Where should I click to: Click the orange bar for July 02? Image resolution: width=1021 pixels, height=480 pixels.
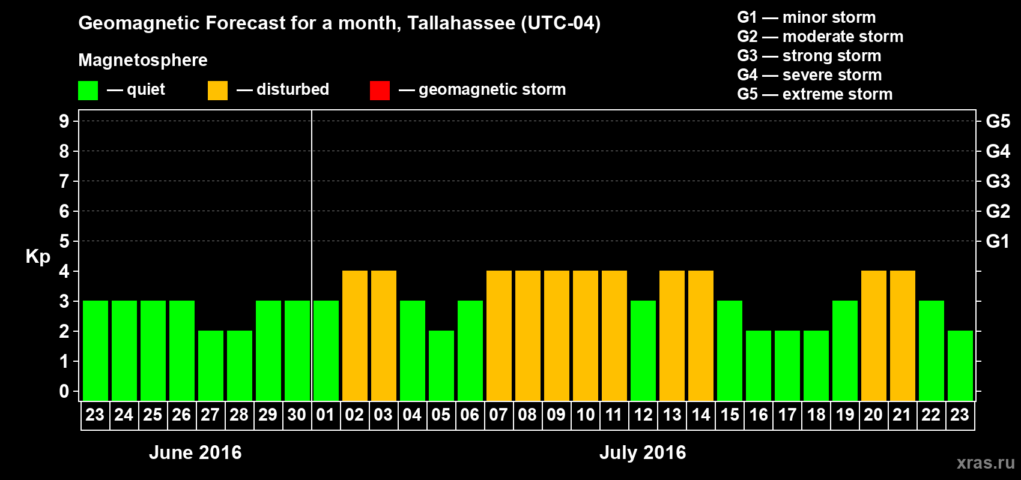[x=355, y=335]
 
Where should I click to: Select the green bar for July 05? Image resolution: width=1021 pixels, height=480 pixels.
[x=441, y=365]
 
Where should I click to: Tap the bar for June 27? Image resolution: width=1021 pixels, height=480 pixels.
[x=211, y=365]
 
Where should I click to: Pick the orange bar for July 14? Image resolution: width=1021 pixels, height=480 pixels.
[x=701, y=335]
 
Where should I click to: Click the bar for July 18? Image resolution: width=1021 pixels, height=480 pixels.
[x=816, y=365]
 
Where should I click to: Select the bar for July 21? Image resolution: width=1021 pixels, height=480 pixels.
[x=903, y=335]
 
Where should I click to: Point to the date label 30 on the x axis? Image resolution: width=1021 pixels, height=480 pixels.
[x=297, y=415]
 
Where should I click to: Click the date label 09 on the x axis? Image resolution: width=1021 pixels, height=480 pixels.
[x=556, y=415]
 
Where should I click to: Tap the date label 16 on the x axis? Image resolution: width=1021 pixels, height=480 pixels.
[x=759, y=415]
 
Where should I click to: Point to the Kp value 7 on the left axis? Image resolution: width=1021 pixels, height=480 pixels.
[x=64, y=181]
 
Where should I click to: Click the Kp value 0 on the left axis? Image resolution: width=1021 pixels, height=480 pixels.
[x=64, y=391]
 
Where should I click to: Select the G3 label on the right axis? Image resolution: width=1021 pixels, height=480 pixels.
[x=998, y=181]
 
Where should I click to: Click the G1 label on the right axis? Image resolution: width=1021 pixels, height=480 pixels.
[x=998, y=241]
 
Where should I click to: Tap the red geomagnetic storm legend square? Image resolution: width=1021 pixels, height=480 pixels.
[x=380, y=91]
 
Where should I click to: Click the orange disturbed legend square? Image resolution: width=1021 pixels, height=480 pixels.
[x=217, y=91]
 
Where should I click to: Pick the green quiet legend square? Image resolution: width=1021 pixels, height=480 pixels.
[x=88, y=91]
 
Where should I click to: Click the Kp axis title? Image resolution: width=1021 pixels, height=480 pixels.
[x=38, y=256]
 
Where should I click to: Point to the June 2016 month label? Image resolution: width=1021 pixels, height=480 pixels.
[x=195, y=452]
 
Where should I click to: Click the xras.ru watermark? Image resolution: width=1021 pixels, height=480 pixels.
[x=986, y=463]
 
